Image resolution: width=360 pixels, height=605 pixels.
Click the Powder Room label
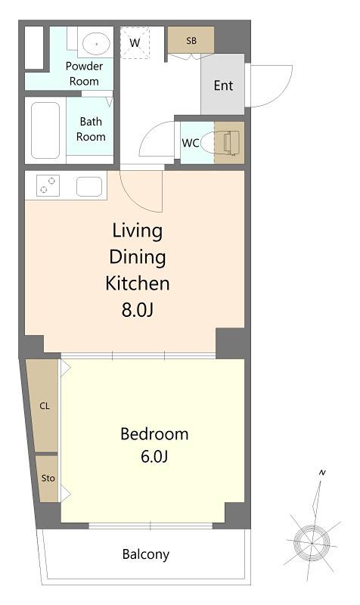(84, 73)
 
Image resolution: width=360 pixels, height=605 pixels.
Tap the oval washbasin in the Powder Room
(96, 44)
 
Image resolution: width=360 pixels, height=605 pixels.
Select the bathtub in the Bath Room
(45, 130)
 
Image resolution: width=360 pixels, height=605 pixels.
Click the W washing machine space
(135, 42)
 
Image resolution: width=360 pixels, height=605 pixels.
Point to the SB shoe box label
(191, 41)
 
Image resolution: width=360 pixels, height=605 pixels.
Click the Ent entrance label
(223, 85)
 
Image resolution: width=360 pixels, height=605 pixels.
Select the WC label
(191, 143)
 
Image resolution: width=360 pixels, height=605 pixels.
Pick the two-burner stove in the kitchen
(48, 185)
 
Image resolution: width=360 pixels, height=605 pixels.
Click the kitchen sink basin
(89, 187)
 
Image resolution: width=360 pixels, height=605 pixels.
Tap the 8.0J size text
(138, 309)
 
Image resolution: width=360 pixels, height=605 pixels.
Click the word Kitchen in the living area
(138, 283)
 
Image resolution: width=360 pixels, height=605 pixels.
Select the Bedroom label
(154, 434)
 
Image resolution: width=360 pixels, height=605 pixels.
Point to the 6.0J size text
(154, 457)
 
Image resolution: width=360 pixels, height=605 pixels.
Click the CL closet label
(45, 406)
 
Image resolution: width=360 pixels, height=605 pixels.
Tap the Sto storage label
(48, 478)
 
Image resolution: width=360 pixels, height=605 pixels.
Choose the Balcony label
(146, 554)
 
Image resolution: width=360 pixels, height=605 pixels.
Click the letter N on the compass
(323, 472)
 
